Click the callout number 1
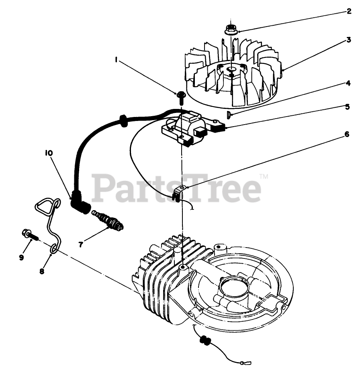click(x=116, y=60)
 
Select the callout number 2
click(x=349, y=11)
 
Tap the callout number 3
click(x=349, y=41)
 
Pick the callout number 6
click(x=347, y=135)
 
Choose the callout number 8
click(x=42, y=271)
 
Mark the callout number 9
click(x=21, y=257)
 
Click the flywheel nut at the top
click(x=231, y=29)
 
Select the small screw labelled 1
click(x=180, y=96)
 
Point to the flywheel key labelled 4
click(x=228, y=115)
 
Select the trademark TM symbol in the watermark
click(x=264, y=176)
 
